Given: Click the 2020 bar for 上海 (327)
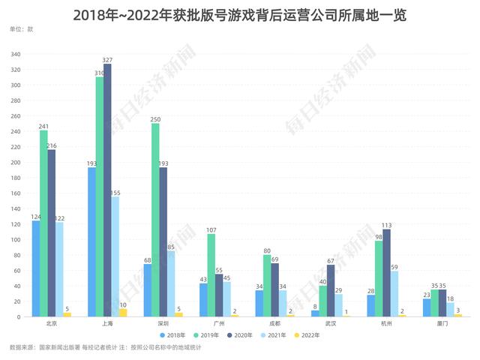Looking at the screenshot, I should (x=107, y=190).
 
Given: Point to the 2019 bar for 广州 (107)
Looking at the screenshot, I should (x=211, y=275).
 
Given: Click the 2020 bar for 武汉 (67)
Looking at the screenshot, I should (x=331, y=290).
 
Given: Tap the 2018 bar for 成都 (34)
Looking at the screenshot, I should (x=259, y=303).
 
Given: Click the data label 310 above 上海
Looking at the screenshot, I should (x=100, y=73).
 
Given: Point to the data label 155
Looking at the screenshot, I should (x=115, y=193).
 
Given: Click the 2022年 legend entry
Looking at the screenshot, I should (x=313, y=334).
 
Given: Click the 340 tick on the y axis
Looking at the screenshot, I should (x=16, y=54).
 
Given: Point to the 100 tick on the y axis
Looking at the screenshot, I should (x=16, y=239).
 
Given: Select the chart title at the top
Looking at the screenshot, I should (x=239, y=13).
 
